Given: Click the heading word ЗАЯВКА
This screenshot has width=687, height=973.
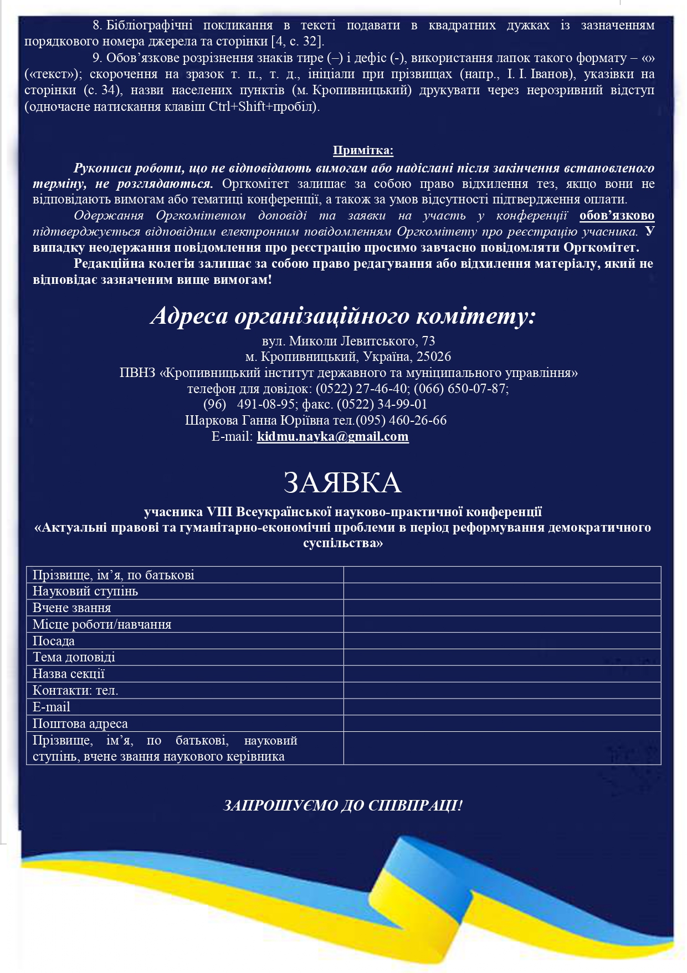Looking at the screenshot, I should pyautogui.click(x=342, y=483).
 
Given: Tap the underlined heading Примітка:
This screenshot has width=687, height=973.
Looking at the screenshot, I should pyautogui.click(x=363, y=150).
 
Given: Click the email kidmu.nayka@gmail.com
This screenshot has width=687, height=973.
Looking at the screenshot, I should pyautogui.click(x=332, y=436).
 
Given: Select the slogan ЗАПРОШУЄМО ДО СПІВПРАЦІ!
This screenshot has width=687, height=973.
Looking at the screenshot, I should pyautogui.click(x=343, y=805).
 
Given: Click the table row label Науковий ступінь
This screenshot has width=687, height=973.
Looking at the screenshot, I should pyautogui.click(x=85, y=591).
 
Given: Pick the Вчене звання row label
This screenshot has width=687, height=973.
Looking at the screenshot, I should pyautogui.click(x=72, y=608).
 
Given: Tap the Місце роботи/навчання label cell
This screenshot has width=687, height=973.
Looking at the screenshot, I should pyautogui.click(x=102, y=624).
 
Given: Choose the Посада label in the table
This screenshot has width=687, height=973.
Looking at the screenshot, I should pyautogui.click(x=54, y=641).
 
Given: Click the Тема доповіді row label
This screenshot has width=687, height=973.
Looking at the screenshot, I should pyautogui.click(x=74, y=658).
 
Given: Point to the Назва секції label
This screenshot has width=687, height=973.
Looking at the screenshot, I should pyautogui.click(x=69, y=674).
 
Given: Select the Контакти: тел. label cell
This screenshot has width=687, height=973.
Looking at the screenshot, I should pyautogui.click(x=75, y=690).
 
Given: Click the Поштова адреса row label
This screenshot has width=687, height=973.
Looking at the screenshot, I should pyautogui.click(x=80, y=724).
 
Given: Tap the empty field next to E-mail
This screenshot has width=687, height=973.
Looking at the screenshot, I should pyautogui.click(x=502, y=707).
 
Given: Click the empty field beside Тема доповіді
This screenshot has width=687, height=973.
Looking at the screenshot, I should pyautogui.click(x=502, y=658).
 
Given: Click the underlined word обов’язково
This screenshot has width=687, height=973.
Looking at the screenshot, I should pyautogui.click(x=617, y=216).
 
